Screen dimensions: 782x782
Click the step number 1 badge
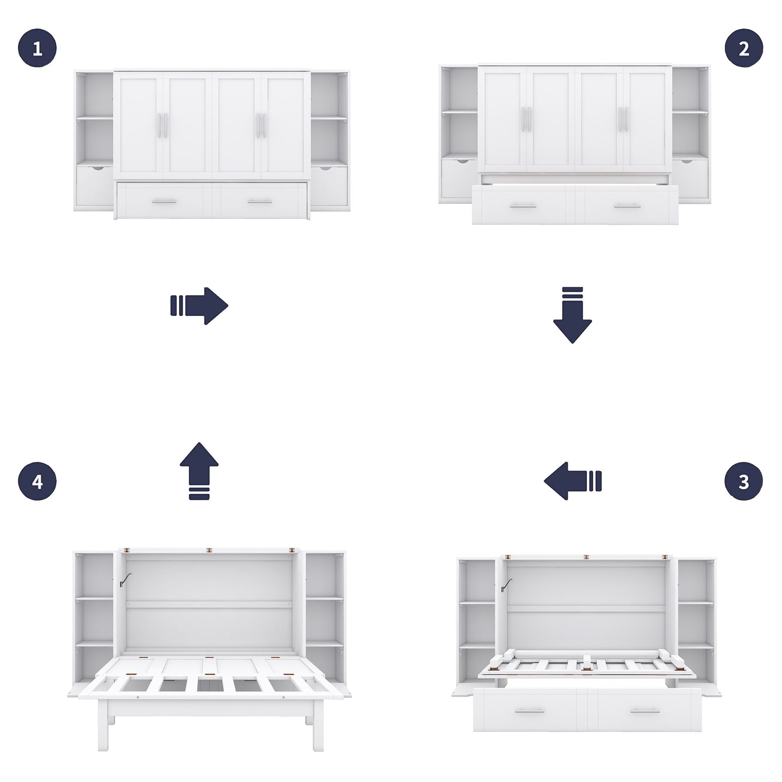click(x=37, y=48)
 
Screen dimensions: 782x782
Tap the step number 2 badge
click(x=743, y=48)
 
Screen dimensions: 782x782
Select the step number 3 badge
click(x=743, y=481)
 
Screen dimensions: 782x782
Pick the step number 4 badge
click(x=37, y=481)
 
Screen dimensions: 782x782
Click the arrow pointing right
click(x=200, y=306)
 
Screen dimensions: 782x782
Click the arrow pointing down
click(x=572, y=315)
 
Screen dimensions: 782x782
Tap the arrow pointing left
click(x=572, y=481)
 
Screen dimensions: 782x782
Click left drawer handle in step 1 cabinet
click(x=164, y=201)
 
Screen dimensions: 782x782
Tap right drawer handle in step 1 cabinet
click(x=260, y=201)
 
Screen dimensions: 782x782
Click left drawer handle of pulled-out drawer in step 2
click(x=523, y=207)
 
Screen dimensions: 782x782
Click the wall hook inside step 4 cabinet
click(x=125, y=579)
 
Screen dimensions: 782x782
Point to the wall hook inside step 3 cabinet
click(x=506, y=585)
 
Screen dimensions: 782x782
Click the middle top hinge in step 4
click(x=209, y=551)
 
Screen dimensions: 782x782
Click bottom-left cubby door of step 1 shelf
click(x=95, y=186)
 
